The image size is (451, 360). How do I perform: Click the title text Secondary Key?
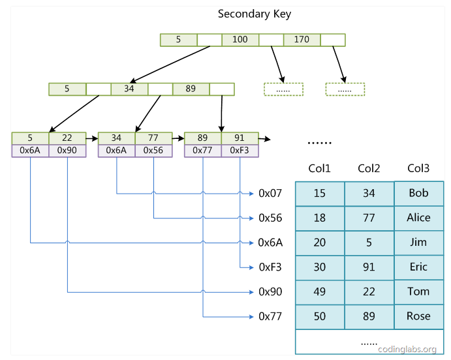[254, 14]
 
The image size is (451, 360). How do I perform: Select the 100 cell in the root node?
[240, 40]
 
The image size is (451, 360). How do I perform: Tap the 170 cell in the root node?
[302, 40]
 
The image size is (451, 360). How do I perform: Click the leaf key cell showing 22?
[67, 138]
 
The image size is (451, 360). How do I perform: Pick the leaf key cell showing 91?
[240, 138]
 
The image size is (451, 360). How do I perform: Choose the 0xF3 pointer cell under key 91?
[240, 151]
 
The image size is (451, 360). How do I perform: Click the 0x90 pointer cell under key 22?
[67, 151]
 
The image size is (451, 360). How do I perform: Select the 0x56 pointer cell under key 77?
[153, 151]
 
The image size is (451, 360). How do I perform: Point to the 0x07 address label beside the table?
[270, 193]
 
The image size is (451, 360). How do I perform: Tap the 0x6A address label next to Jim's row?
[270, 243]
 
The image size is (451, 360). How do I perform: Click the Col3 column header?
[418, 169]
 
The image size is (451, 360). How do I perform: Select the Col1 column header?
[320, 169]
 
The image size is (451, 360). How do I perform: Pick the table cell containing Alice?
[418, 218]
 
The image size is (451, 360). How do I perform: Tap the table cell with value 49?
[320, 292]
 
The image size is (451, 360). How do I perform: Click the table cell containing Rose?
[418, 316]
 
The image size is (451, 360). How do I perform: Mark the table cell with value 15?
[320, 194]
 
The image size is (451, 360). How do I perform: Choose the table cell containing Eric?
[418, 267]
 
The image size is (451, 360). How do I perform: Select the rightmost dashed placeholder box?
[345, 89]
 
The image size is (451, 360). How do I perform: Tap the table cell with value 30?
[320, 267]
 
